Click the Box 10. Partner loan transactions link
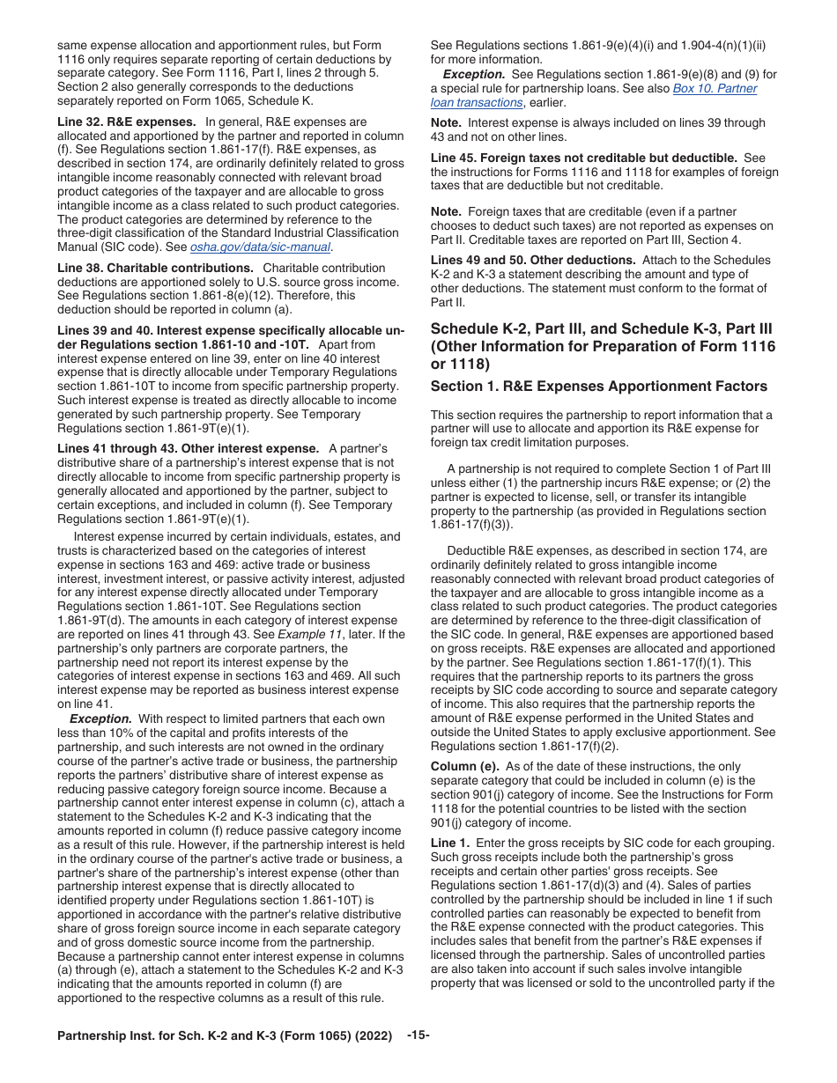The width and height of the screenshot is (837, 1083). [x=714, y=89]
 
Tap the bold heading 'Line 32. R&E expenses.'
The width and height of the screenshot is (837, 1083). [x=126, y=122]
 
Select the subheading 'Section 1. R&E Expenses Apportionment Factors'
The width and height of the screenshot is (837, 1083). [x=598, y=387]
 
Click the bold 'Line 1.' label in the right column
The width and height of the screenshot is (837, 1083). [x=450, y=843]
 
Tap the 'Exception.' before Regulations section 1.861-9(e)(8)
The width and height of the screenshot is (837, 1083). [x=474, y=75]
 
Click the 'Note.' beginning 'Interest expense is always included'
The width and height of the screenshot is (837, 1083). [x=446, y=122]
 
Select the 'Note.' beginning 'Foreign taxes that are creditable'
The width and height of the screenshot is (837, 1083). [x=446, y=212]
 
